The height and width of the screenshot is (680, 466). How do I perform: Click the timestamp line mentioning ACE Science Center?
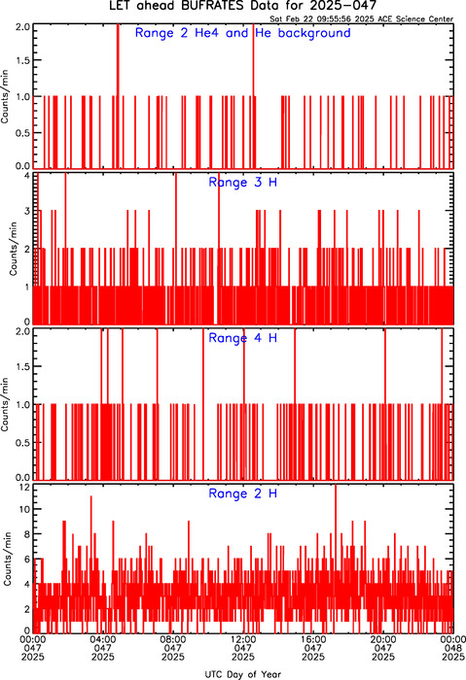361,19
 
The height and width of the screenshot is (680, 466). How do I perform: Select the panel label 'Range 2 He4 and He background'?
243,33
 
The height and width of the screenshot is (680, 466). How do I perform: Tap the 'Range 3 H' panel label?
243,183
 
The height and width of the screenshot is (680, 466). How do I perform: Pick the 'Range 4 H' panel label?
243,338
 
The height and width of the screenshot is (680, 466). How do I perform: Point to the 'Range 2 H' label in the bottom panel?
243,493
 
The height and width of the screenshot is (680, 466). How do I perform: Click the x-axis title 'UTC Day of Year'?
243,674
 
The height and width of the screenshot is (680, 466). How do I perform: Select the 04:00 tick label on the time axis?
103,639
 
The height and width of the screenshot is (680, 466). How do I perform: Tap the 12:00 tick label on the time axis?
243,639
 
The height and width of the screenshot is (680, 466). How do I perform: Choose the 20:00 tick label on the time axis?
383,639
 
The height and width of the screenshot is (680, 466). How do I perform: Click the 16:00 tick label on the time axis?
313,639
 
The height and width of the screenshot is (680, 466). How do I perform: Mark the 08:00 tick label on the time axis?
173,639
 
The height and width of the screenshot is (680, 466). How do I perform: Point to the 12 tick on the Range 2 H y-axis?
24,488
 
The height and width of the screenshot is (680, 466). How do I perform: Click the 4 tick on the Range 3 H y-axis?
27,176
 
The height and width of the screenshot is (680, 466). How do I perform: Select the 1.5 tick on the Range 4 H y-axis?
23,367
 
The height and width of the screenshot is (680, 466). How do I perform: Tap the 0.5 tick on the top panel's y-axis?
23,133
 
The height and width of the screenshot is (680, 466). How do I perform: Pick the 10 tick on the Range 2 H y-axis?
24,509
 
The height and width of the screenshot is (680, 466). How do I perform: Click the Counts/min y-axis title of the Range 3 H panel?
13,249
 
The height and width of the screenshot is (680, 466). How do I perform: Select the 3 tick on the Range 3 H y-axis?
27,212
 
